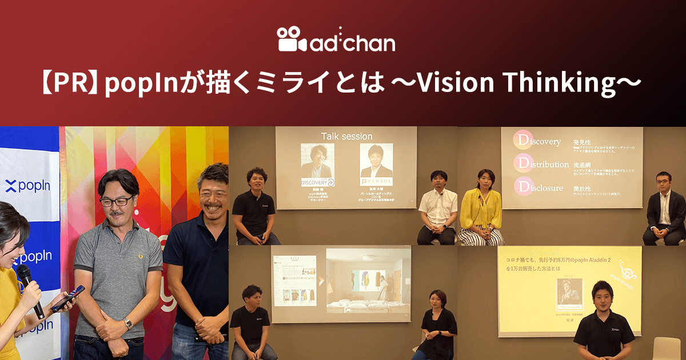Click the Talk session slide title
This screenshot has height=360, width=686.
pyautogui.click(x=346, y=136)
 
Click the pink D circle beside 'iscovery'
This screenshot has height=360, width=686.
pyautogui.click(x=523, y=141)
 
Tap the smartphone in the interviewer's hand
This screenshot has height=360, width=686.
pyautogui.click(x=67, y=298)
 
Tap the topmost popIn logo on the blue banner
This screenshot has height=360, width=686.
pyautogui.click(x=27, y=186)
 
